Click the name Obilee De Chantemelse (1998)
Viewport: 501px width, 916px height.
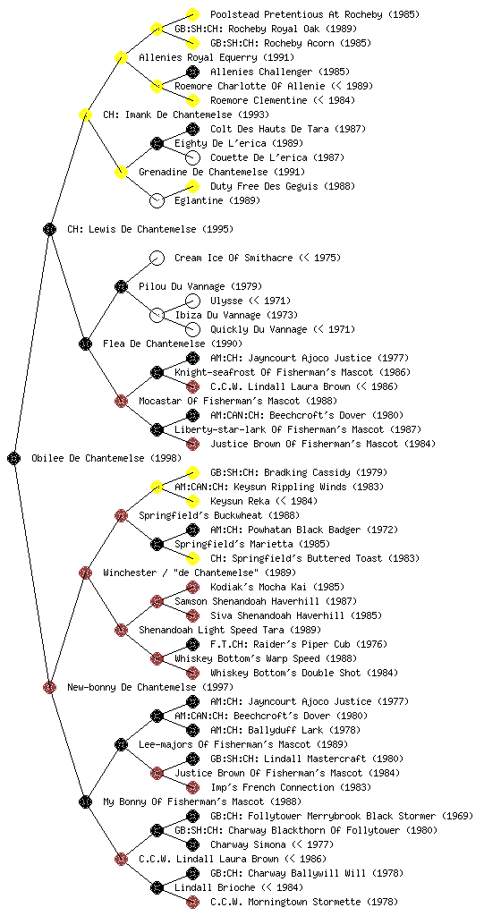point(106,458)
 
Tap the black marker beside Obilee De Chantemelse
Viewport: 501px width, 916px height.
point(14,458)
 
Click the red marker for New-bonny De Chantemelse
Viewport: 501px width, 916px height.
point(49,687)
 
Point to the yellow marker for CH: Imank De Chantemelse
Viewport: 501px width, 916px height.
point(85,114)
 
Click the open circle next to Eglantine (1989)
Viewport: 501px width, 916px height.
point(157,200)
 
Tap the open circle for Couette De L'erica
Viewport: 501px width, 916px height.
point(192,157)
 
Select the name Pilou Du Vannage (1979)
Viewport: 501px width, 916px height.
point(200,286)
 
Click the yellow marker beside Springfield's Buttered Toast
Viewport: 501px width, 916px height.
point(192,558)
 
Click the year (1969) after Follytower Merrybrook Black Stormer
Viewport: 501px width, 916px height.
point(457,816)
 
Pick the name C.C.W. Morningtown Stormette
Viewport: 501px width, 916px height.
point(285,902)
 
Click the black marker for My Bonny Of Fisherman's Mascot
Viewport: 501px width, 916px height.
point(85,801)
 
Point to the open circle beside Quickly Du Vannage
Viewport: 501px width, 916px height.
point(192,329)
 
